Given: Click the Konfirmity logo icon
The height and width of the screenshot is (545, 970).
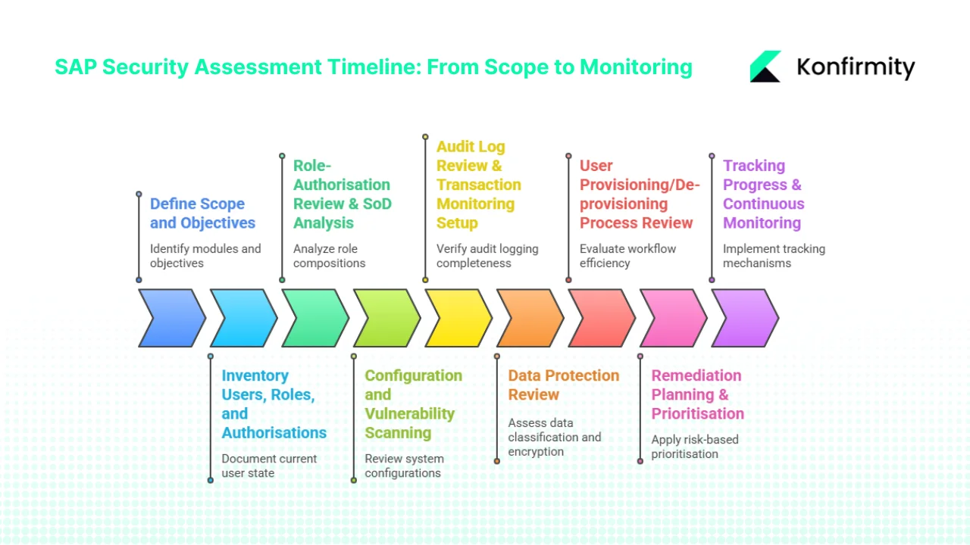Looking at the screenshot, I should click(x=765, y=67).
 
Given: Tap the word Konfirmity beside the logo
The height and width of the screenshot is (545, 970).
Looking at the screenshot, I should click(x=856, y=67).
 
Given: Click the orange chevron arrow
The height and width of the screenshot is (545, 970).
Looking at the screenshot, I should click(x=529, y=318).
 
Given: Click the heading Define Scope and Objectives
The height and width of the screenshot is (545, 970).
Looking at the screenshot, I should click(x=202, y=213).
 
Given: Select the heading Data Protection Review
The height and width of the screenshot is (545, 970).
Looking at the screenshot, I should click(x=563, y=385).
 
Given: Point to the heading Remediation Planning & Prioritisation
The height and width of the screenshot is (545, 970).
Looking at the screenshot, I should click(x=697, y=394).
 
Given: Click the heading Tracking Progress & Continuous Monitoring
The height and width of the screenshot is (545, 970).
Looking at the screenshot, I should click(x=762, y=195).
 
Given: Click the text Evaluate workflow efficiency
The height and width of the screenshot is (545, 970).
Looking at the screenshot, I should click(x=627, y=256).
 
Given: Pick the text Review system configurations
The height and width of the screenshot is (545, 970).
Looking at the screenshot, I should click(x=403, y=466).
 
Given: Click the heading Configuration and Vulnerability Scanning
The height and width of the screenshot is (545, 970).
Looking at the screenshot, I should click(x=413, y=404).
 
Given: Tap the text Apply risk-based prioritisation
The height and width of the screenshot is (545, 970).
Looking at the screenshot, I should click(x=694, y=447).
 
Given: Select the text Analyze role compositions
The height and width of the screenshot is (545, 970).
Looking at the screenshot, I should click(x=330, y=256).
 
